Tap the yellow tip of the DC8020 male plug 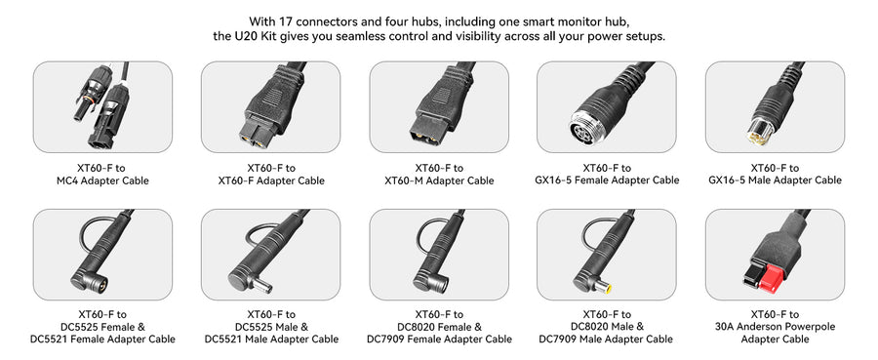point(604,289)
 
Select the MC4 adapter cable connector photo point(102,107)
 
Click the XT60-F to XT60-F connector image point(270,107)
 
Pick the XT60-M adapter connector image point(439,107)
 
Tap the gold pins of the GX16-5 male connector point(759,132)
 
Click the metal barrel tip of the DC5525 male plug point(263,287)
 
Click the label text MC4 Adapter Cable point(102,180)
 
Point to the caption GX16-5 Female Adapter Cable point(607,180)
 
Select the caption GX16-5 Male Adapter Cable point(775,180)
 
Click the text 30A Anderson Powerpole point(775,327)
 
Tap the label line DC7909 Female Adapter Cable point(439,340)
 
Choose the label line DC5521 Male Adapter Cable point(271,340)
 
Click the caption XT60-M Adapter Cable point(439,180)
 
